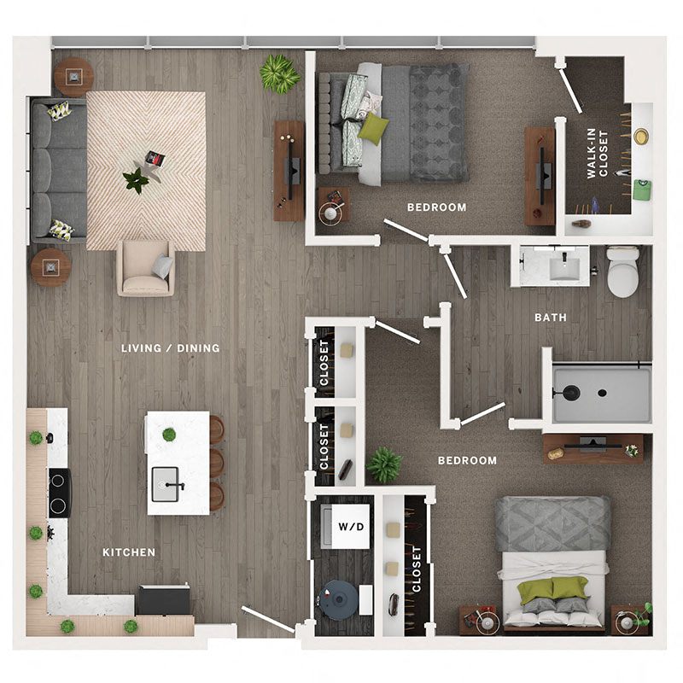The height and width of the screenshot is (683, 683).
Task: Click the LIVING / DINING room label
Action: tap(170, 348)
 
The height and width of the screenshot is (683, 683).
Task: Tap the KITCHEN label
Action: tap(129, 552)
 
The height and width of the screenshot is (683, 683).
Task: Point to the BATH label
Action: tap(551, 318)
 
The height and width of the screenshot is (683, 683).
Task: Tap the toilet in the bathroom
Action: tap(623, 271)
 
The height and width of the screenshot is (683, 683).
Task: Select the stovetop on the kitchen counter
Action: tap(59, 493)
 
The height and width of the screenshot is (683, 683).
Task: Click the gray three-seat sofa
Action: tap(58, 171)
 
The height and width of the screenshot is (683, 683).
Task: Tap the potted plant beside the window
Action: tap(279, 73)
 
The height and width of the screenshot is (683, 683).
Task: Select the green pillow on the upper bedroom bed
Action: tap(372, 129)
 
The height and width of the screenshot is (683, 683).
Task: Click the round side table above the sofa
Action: tap(73, 76)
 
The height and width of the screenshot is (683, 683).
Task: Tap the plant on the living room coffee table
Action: tap(136, 180)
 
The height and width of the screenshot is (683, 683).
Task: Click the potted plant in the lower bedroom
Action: tap(384, 465)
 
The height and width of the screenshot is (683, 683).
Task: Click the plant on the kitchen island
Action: tap(169, 434)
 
